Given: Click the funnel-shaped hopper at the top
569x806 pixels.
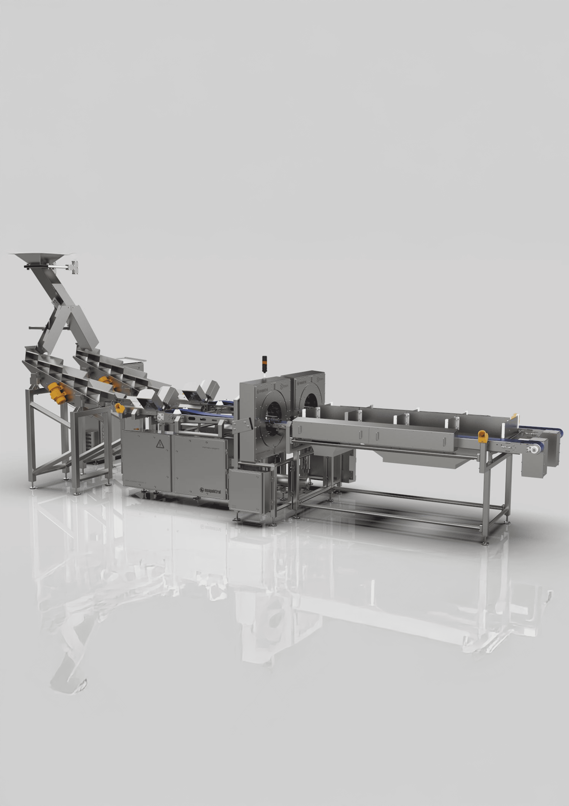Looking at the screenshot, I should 42,258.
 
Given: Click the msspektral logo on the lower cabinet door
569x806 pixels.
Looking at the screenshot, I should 210,491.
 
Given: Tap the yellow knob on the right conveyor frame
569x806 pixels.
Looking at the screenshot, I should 483,436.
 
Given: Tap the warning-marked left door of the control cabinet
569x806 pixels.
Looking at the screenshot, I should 146,462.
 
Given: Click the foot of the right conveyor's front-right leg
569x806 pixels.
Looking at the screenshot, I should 485,543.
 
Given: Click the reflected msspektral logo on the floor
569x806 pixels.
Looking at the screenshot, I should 210,527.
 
